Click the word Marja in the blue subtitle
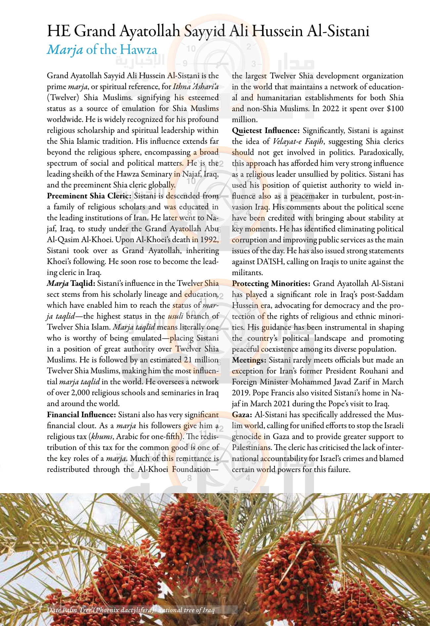65,50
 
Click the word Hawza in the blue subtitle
138,50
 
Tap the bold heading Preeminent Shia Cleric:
89,196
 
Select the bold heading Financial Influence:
81,415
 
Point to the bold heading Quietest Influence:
266,130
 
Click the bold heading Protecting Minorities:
271,284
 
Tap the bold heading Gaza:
242,415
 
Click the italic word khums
102,437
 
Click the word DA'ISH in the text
270,262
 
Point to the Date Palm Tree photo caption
131,610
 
